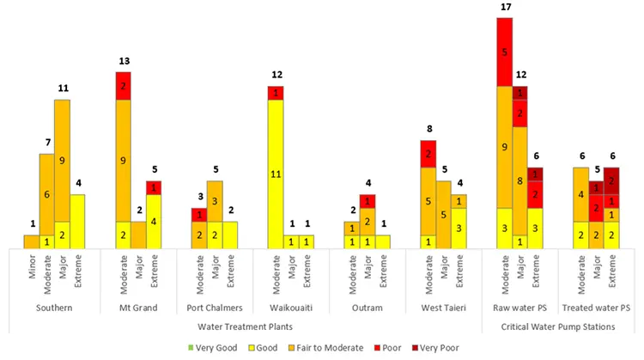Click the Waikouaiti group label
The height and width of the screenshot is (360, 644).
click(x=291, y=308)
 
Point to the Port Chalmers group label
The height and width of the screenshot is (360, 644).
click(x=215, y=308)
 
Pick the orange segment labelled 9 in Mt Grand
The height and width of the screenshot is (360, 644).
click(x=123, y=160)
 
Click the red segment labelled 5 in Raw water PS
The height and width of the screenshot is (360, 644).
click(x=505, y=52)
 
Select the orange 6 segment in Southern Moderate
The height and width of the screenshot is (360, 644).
click(x=46, y=194)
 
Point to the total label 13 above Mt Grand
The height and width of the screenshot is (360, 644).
click(x=123, y=63)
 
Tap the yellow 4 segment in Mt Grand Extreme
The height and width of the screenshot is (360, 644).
click(x=154, y=221)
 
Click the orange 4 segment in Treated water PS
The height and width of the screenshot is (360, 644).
click(x=580, y=194)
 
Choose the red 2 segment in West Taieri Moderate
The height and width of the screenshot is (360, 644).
click(x=428, y=154)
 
